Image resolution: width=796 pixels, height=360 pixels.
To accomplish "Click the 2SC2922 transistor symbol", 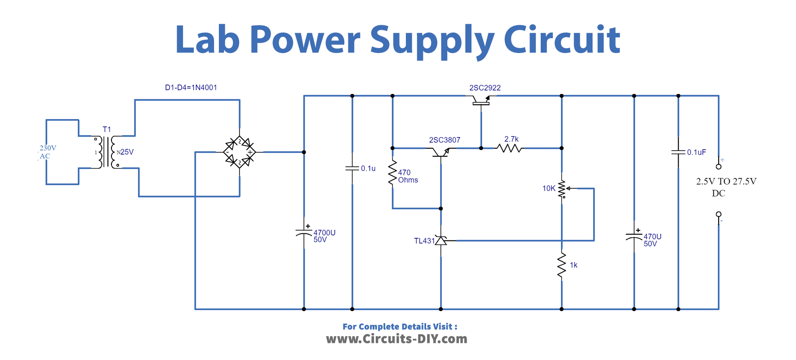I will point(481,101).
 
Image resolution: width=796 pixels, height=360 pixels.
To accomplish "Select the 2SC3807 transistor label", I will point(445,140).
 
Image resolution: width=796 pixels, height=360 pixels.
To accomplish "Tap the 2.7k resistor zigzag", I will point(510,148).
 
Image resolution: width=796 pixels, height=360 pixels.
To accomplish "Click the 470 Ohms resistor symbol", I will point(392,173).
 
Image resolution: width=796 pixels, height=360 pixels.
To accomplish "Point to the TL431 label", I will point(424,241).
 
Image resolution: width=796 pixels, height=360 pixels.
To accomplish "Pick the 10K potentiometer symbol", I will point(562,190).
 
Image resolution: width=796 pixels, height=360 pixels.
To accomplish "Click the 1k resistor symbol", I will point(561,266).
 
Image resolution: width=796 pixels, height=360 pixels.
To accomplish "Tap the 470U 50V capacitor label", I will point(652,240).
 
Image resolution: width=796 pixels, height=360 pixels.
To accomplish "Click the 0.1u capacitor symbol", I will point(352,169).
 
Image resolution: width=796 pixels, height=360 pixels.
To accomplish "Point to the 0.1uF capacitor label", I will point(696,152).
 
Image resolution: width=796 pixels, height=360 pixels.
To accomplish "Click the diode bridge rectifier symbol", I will point(240,152).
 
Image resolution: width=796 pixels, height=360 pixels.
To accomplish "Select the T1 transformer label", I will point(107,129).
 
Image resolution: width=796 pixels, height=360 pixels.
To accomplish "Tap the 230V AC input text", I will point(47,152).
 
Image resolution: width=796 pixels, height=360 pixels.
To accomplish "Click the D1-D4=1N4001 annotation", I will point(191,88).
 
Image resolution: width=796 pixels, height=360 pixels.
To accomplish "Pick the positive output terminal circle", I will point(718,166).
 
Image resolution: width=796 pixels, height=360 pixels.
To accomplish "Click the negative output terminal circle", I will point(718,214).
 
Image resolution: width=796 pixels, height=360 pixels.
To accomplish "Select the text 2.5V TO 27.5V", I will point(726,182).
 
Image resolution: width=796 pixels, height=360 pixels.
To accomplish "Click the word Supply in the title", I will point(431,40).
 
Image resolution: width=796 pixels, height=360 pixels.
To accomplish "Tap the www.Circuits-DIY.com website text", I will point(396,339).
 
